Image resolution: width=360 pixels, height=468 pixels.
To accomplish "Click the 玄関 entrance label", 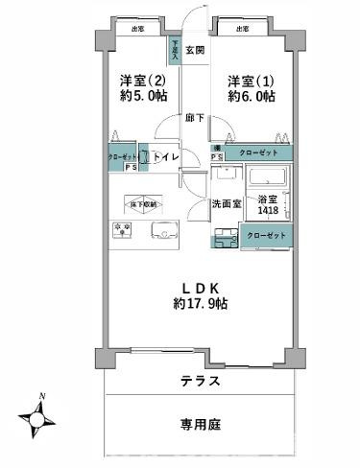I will click(x=195, y=49).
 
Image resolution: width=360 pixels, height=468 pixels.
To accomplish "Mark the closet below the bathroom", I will click(x=265, y=234).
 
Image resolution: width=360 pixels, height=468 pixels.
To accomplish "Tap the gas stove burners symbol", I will click(x=123, y=229).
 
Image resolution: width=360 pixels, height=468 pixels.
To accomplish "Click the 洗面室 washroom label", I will click(x=226, y=204).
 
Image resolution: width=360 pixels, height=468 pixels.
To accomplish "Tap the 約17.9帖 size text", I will click(x=200, y=303).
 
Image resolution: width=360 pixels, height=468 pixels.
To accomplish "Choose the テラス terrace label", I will click(x=201, y=382).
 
